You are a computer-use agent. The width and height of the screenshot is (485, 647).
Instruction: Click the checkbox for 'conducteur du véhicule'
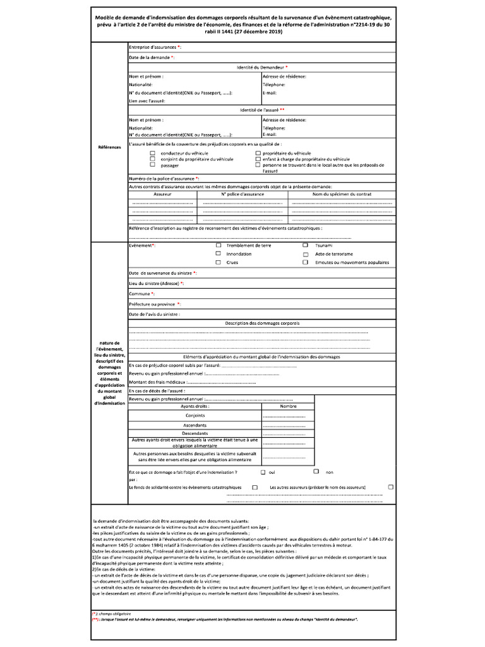point(152,153)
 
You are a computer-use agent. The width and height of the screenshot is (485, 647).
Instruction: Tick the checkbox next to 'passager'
point(152,165)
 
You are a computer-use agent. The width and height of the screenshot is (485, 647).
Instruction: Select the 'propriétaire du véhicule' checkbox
point(258,153)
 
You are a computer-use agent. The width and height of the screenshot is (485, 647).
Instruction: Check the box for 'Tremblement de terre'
point(219,245)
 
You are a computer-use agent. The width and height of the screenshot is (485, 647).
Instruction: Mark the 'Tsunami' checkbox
point(306,245)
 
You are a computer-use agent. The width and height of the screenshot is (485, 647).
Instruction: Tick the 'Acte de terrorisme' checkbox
point(306,253)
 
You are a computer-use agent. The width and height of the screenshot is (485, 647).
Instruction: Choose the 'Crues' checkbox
point(219,262)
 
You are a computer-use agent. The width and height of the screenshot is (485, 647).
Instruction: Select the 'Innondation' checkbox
point(219,253)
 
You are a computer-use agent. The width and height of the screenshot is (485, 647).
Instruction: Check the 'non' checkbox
point(316,471)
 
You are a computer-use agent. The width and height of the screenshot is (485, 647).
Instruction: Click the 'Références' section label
point(109,147)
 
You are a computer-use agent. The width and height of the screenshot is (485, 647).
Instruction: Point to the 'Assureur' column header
point(162,195)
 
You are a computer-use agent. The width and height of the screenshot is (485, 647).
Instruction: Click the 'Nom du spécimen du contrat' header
point(342,195)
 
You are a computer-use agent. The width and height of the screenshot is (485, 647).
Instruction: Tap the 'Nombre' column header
point(288,406)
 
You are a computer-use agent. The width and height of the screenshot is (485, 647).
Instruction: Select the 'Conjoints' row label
point(195,416)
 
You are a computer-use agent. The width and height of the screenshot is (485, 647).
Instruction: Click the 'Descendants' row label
point(195,433)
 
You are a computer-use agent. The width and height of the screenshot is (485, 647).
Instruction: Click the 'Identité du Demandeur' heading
point(262,67)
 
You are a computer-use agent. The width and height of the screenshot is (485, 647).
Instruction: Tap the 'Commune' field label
point(141,294)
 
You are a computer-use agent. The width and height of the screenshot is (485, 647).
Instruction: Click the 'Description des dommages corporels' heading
point(263,323)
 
